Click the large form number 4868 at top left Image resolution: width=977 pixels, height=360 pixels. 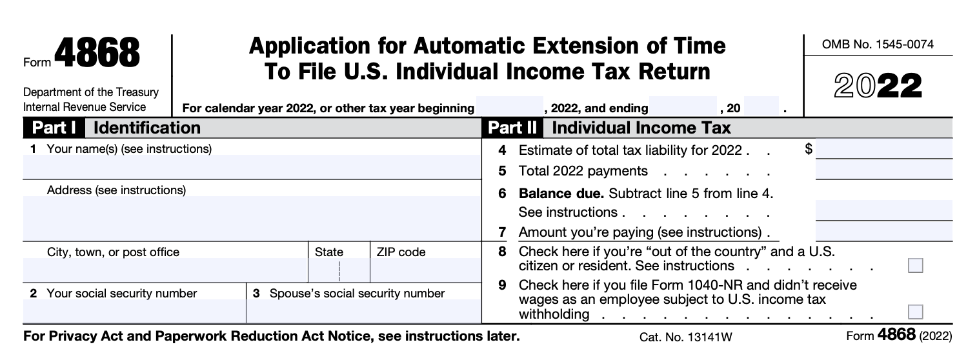coord(97,54)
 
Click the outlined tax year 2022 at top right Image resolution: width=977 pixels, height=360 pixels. coord(878,86)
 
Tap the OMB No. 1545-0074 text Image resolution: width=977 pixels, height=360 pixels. coord(878,45)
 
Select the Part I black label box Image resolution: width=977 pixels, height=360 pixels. coord(54,128)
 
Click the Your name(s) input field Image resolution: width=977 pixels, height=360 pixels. coord(252,167)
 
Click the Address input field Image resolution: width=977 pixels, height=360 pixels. coord(252,218)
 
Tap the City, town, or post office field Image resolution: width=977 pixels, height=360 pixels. coord(165,270)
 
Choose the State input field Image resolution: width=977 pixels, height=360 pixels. coord(338,270)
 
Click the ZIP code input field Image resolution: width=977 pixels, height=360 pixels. coord(425,270)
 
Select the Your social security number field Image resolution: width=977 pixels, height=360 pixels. coord(134,311)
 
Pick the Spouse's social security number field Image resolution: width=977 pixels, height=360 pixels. coord(363,311)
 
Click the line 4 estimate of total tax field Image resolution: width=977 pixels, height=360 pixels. coord(883,150)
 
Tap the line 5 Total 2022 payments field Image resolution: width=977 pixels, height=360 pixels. coord(883,170)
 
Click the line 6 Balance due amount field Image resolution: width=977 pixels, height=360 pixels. coord(883,210)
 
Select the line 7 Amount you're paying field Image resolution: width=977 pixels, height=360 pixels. coord(883,231)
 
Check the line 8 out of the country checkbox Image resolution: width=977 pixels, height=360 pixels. coord(915,265)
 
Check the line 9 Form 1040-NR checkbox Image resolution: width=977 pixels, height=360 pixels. coord(915,312)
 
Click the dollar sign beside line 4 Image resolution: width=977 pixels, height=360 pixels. coord(809,150)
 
